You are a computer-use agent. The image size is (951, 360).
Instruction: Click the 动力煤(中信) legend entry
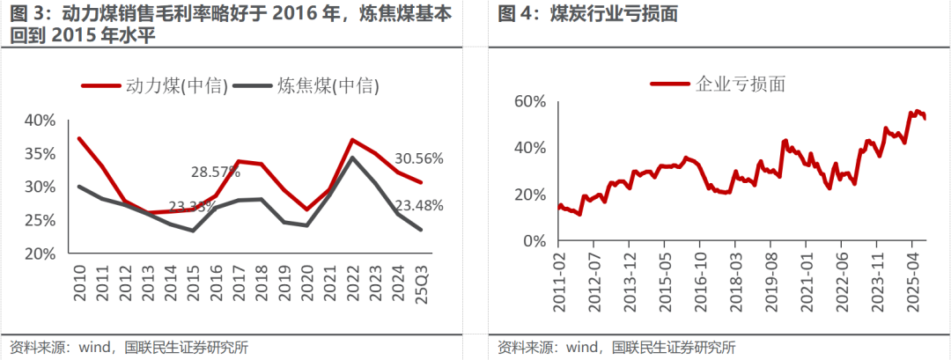154,85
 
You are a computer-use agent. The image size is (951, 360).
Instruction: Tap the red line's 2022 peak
352,140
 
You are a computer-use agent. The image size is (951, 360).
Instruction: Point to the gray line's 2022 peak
352,158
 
